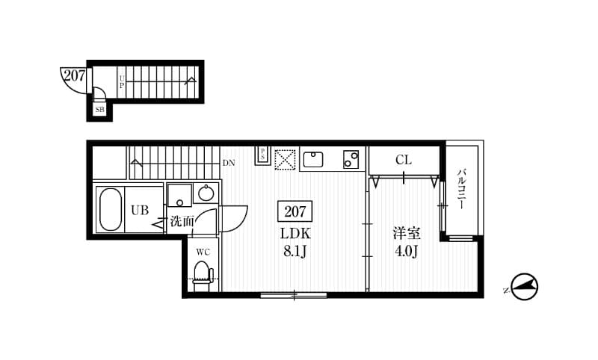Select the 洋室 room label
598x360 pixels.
407,233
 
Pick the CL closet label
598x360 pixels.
404,159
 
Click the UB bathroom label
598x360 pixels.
141,210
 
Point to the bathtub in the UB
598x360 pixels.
111,209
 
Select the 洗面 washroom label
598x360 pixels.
182,221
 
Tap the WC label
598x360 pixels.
203,252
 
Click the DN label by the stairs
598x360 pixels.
229,162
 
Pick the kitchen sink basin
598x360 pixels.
313,159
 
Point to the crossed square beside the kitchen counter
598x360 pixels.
285,159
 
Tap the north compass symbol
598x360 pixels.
525,287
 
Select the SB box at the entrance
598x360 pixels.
99,110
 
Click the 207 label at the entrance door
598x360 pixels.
73,75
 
